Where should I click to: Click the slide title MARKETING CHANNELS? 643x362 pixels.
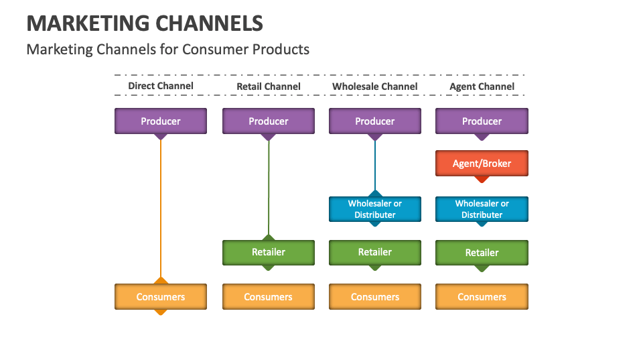pos(145,23)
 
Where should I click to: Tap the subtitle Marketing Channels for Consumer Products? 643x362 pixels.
pos(167,49)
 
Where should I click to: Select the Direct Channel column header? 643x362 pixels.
pos(161,86)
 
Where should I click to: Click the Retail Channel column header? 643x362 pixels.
pos(269,86)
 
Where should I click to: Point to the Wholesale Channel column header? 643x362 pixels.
pos(375,86)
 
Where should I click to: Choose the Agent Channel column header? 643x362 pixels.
pos(482,86)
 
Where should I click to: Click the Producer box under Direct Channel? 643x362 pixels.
pos(161,121)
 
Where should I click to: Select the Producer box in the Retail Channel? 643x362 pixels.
pos(269,121)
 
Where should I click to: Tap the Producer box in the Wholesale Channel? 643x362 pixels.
pos(375,121)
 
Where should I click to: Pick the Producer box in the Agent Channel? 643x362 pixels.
pos(482,121)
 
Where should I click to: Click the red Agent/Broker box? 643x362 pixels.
pos(482,164)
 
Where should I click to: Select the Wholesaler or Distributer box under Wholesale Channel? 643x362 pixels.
pos(375,209)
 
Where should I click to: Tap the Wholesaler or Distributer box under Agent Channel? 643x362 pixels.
pos(482,209)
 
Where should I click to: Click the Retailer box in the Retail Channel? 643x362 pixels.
pos(269,252)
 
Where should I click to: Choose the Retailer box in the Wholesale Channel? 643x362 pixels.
pos(375,252)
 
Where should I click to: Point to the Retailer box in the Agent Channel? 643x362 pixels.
pos(482,253)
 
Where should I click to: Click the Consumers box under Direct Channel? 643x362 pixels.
pos(161,296)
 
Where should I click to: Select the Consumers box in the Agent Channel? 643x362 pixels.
pos(482,296)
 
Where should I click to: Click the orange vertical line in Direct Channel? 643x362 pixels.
pos(161,208)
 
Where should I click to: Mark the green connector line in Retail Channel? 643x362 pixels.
pos(269,188)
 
